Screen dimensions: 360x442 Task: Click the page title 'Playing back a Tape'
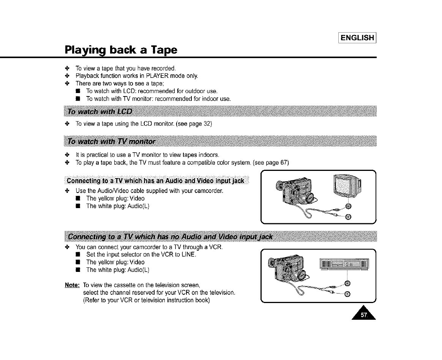tap(121, 50)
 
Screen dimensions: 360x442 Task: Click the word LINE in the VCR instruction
tap(188, 254)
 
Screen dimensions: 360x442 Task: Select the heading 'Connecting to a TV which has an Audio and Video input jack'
tap(155, 180)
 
